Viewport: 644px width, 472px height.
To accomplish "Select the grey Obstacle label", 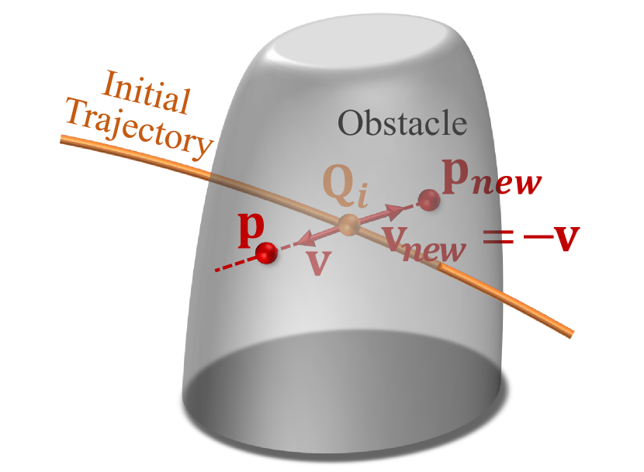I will click(402, 122).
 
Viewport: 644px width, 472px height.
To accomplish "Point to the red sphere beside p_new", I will click(428, 201).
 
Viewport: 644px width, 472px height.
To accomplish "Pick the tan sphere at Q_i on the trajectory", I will click(348, 226).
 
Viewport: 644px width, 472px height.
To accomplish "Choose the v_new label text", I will click(425, 246).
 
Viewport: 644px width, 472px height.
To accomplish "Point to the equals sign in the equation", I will click(498, 237).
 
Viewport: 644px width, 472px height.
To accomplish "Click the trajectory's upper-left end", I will click(65, 138).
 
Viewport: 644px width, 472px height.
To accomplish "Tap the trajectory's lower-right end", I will click(570, 334).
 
